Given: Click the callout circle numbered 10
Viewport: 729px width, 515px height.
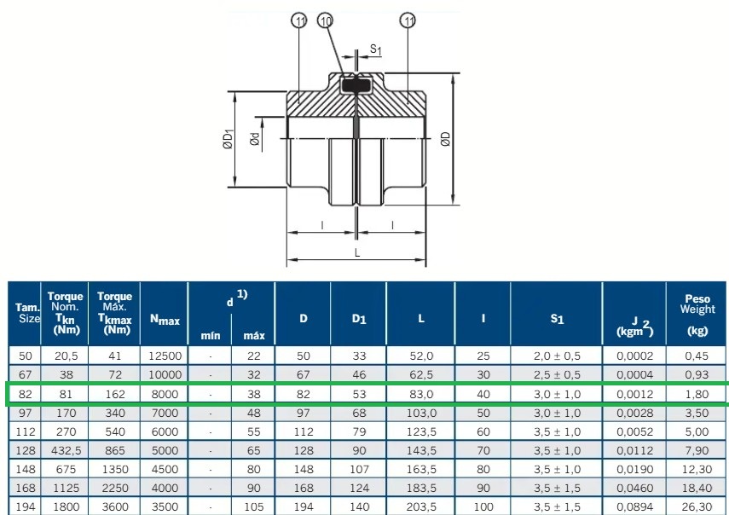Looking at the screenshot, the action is (x=326, y=20).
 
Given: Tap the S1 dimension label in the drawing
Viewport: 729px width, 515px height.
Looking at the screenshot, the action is (x=376, y=49).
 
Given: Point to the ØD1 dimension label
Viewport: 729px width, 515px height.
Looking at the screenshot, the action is (x=228, y=139).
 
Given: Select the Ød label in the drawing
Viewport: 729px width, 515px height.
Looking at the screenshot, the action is (x=255, y=139).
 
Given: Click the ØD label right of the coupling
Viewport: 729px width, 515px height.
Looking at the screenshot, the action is (x=445, y=139).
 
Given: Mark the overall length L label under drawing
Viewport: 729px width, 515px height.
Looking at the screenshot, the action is (x=357, y=253).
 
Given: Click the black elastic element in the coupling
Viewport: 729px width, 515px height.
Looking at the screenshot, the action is (x=356, y=85).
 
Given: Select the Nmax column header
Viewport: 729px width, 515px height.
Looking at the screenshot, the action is (x=165, y=320).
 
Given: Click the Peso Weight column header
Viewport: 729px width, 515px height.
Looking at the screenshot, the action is (x=697, y=315).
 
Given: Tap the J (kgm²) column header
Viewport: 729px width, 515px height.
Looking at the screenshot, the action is (x=634, y=327).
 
